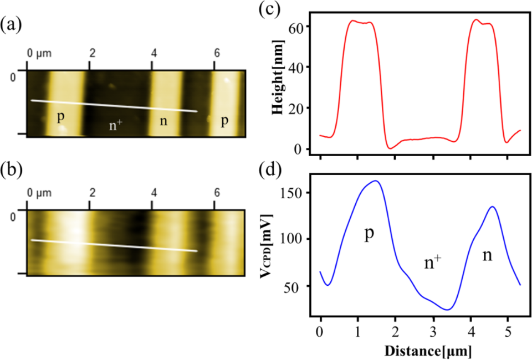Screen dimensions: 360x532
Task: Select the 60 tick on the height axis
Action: pyautogui.click(x=298, y=26)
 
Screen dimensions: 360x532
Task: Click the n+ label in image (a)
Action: pyautogui.click(x=116, y=125)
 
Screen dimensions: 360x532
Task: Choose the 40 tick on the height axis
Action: pyautogui.click(x=298, y=67)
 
